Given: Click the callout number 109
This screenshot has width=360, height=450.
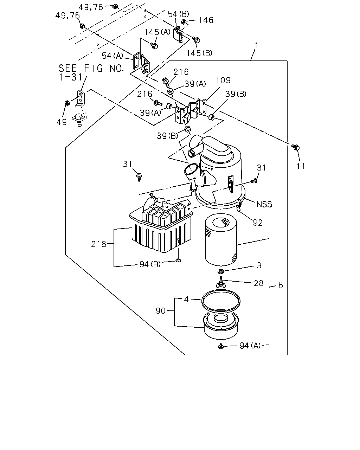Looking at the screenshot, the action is click(x=223, y=80).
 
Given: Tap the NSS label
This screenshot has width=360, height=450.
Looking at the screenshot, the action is click(x=264, y=204).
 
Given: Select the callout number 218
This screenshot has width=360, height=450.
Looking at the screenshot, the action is click(x=98, y=244).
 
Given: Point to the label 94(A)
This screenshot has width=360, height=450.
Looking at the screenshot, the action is click(x=250, y=346).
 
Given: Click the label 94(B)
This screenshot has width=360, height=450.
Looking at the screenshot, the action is click(x=150, y=264).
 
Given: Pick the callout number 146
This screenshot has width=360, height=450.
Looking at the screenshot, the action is click(x=206, y=20).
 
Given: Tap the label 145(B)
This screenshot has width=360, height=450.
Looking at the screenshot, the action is click(x=199, y=53).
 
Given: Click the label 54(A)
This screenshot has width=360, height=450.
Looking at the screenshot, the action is click(x=112, y=56).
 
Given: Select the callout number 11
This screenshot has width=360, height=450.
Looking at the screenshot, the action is click(x=301, y=166).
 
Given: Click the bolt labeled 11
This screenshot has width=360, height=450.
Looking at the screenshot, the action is click(x=296, y=147).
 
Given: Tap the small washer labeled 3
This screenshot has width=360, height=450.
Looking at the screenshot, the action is click(x=221, y=271).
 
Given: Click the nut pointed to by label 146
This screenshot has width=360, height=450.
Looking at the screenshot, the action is click(x=184, y=21).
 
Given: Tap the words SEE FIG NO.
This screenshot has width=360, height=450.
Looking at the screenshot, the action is click(x=91, y=68).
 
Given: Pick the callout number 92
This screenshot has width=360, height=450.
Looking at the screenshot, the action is click(x=258, y=223).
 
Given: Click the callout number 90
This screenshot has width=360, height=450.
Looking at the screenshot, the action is click(x=161, y=311).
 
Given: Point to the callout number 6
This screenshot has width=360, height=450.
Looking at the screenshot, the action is click(x=281, y=285).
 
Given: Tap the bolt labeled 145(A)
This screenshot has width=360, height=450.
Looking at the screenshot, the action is click(x=154, y=45).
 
